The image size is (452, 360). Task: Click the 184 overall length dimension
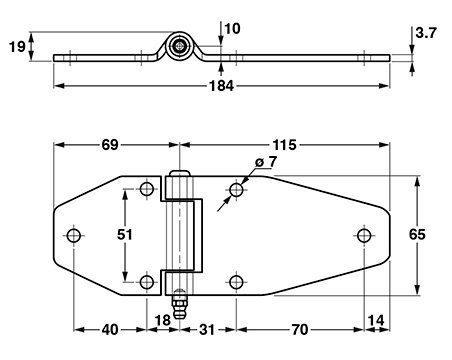[x=221, y=86]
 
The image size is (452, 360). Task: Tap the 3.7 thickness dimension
[x=426, y=33]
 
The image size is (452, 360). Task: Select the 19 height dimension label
[x=17, y=46]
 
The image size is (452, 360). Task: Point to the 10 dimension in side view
[x=232, y=29]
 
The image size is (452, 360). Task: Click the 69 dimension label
[x=110, y=145]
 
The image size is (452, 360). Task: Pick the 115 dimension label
[x=284, y=145]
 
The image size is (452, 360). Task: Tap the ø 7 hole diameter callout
[x=266, y=162]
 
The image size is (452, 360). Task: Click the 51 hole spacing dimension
[x=125, y=235]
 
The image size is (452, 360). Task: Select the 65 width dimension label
[x=417, y=234]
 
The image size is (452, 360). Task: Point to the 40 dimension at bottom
[x=110, y=330]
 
